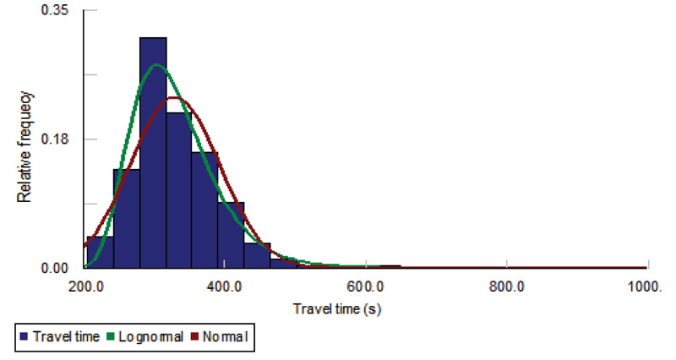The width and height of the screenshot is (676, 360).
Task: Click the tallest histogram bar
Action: (x=153, y=152)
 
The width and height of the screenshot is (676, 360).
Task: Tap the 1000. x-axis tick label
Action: (x=646, y=285)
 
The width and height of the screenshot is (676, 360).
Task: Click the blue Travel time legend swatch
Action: (x=23, y=337)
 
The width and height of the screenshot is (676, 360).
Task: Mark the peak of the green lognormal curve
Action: (x=156, y=65)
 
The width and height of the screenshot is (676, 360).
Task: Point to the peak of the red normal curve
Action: (x=175, y=98)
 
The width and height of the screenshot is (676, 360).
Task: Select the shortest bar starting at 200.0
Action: (x=100, y=252)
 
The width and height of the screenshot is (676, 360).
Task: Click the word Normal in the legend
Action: (x=226, y=337)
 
